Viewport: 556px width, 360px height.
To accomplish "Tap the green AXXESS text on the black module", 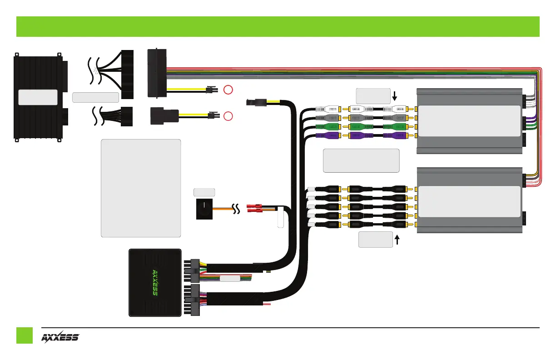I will point(154,282).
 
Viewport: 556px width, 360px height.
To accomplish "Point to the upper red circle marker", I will point(228,89).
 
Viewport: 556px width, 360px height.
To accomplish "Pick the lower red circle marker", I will point(228,115).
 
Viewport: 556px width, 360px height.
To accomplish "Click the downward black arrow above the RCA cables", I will point(395,96).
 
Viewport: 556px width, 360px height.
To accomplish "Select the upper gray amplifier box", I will point(469,120).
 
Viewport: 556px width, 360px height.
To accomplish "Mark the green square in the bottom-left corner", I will point(25,335).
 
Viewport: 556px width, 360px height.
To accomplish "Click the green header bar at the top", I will point(278,26).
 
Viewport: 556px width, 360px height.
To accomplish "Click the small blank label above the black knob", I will point(204,192).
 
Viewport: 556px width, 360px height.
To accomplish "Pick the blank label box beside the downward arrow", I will point(373,95).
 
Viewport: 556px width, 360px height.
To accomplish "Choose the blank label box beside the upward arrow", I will point(376,240).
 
